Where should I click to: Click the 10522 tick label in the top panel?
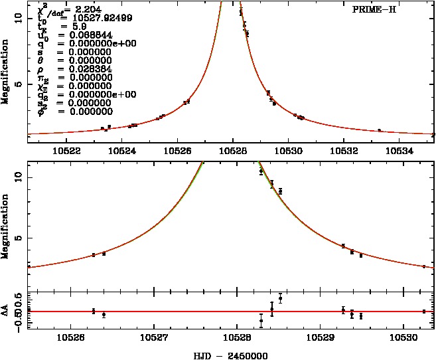click(x=70, y=150)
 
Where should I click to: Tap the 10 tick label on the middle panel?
click(x=19, y=176)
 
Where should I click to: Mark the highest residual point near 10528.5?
click(x=281, y=298)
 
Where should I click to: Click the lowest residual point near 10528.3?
click(x=261, y=321)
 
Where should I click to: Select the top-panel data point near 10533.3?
click(x=379, y=130)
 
